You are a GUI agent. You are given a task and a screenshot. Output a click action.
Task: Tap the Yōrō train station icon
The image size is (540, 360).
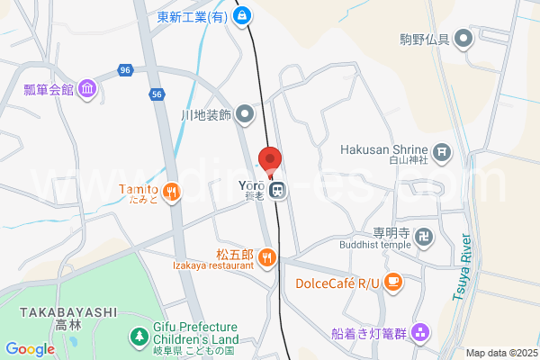point(280,190)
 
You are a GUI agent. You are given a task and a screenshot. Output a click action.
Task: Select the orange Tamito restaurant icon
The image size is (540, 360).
point(172,191)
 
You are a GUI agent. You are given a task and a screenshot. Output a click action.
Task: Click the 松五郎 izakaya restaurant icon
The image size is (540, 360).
point(267,258)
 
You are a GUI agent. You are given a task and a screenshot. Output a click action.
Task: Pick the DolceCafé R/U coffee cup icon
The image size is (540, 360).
point(393,283)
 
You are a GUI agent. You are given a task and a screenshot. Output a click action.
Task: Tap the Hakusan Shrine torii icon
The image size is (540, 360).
point(441,151)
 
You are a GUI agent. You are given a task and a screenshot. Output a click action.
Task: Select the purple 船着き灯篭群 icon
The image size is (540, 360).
point(421,332)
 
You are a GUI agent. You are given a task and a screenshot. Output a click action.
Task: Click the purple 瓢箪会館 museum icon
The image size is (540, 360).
point(87,89)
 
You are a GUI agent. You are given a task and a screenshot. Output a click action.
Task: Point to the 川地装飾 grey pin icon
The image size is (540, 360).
point(247,115)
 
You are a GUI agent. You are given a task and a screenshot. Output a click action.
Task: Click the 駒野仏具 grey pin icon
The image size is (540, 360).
point(463,39)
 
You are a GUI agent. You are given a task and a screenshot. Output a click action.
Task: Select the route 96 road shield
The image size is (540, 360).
point(125,69)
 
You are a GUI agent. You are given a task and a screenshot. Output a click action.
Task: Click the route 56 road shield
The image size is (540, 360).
point(157,93)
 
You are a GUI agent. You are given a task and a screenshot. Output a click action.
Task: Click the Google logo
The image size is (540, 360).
point(30,348)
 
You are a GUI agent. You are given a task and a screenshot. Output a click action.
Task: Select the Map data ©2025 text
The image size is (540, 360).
point(501,353)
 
